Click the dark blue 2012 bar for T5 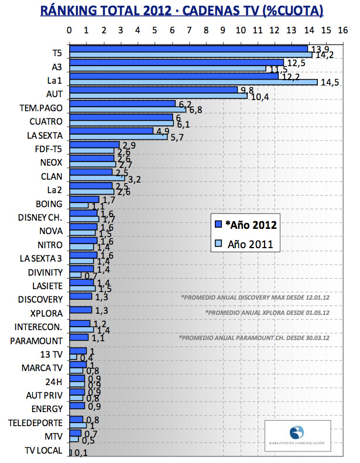pos(188,49)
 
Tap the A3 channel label pos(57,66)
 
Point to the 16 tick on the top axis pos(342,30)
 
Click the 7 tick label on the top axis pos(189,30)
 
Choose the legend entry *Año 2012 pos(245,224)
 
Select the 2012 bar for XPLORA pos(81,310)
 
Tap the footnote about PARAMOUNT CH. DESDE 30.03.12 pos(253,338)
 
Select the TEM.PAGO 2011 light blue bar pos(128,110)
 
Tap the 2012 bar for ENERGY pos(77,406)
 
